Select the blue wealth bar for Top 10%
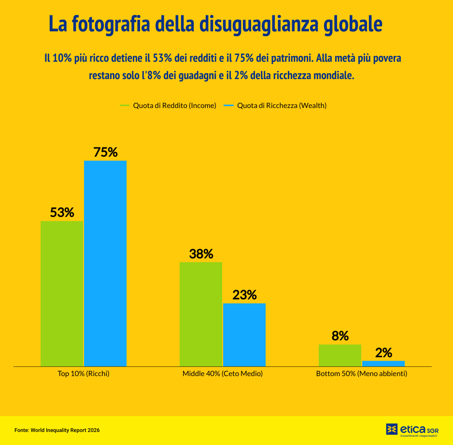[105, 263]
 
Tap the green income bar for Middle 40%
[201, 314]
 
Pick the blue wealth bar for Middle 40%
[244, 335]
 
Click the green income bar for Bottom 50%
[340, 355]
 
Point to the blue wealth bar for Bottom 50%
[383, 364]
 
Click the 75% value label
[105, 152]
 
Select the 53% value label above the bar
[62, 213]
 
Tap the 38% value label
[201, 254]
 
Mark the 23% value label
[244, 295]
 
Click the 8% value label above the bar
[340, 337]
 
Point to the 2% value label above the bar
[383, 353]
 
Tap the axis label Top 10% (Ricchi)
[84, 374]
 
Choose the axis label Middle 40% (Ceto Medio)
[223, 374]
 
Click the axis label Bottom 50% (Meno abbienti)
[362, 374]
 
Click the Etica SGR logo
[412, 430]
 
